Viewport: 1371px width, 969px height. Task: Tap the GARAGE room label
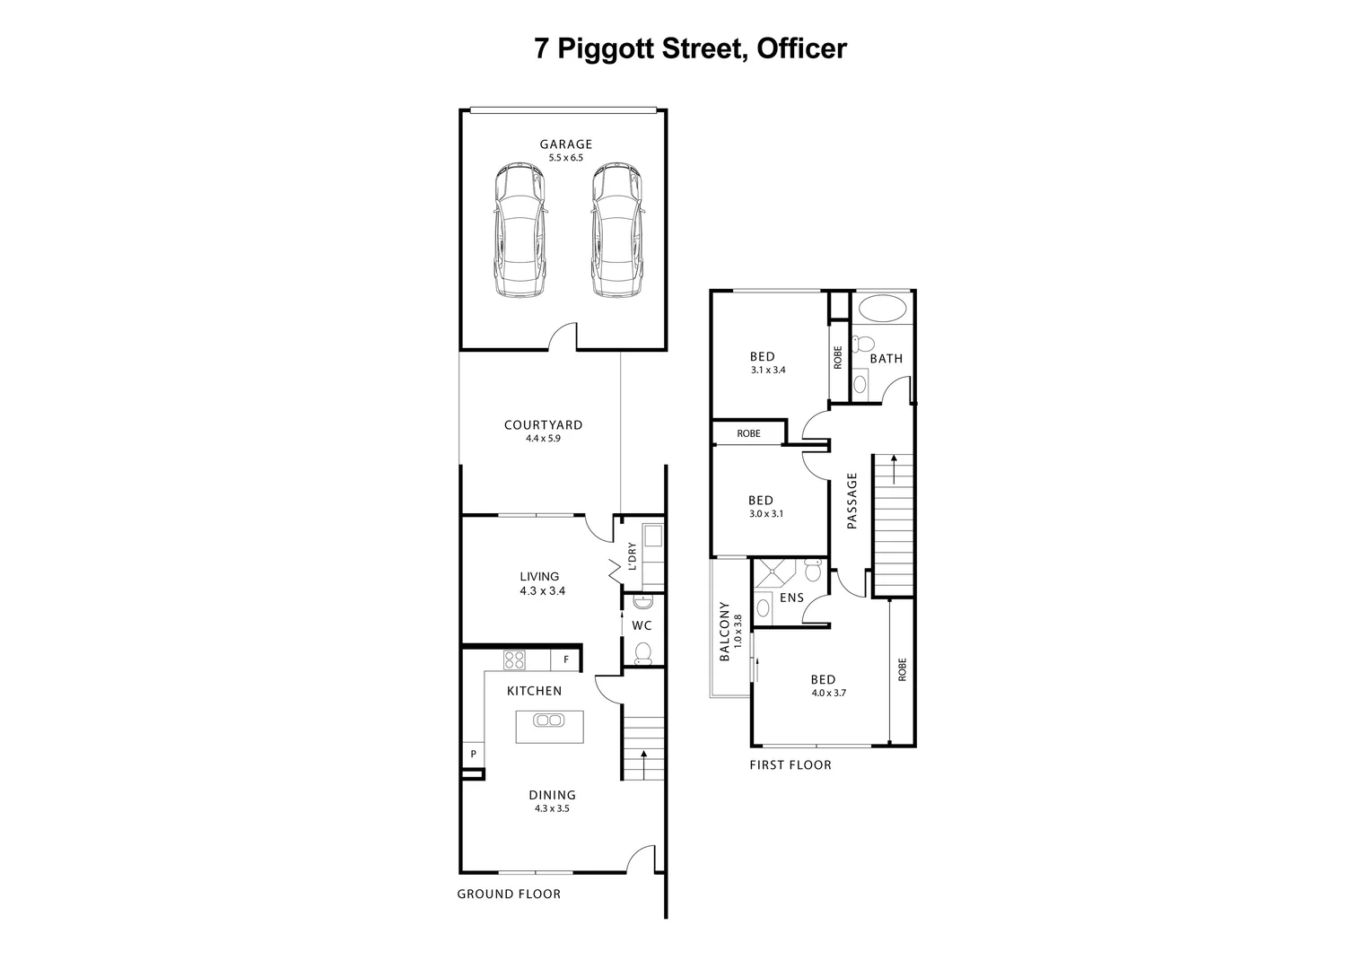pyautogui.click(x=565, y=144)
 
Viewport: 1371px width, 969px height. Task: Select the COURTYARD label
pyautogui.click(x=543, y=425)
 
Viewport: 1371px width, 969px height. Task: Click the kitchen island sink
pyautogui.click(x=548, y=720)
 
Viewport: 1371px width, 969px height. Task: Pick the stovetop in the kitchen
pyautogui.click(x=514, y=660)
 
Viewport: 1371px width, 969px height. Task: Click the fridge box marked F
pyautogui.click(x=566, y=660)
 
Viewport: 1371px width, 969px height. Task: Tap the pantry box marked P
pyautogui.click(x=473, y=755)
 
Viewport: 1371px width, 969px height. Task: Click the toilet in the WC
pyautogui.click(x=643, y=652)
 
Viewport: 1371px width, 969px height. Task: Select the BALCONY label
pyautogui.click(x=725, y=632)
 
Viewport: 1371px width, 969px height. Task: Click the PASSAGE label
pyautogui.click(x=852, y=501)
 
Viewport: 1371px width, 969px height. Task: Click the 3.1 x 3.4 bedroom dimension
pyautogui.click(x=768, y=370)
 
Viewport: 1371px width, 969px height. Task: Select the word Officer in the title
pyautogui.click(x=801, y=48)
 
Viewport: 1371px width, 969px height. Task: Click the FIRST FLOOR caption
pyautogui.click(x=790, y=765)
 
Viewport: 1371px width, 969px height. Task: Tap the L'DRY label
pyautogui.click(x=632, y=556)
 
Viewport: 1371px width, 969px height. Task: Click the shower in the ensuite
pyautogui.click(x=773, y=572)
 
